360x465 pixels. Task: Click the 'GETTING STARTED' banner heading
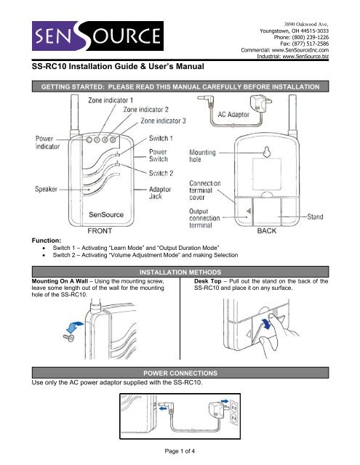click(179, 86)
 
